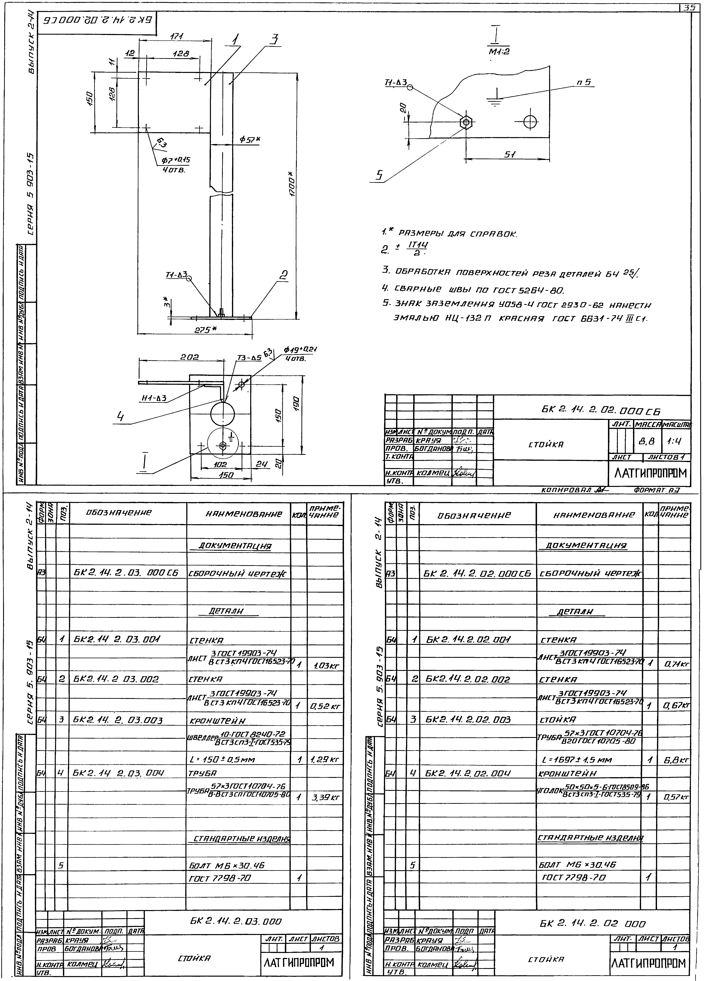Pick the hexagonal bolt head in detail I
click(466, 122)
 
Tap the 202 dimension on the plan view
click(190, 357)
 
